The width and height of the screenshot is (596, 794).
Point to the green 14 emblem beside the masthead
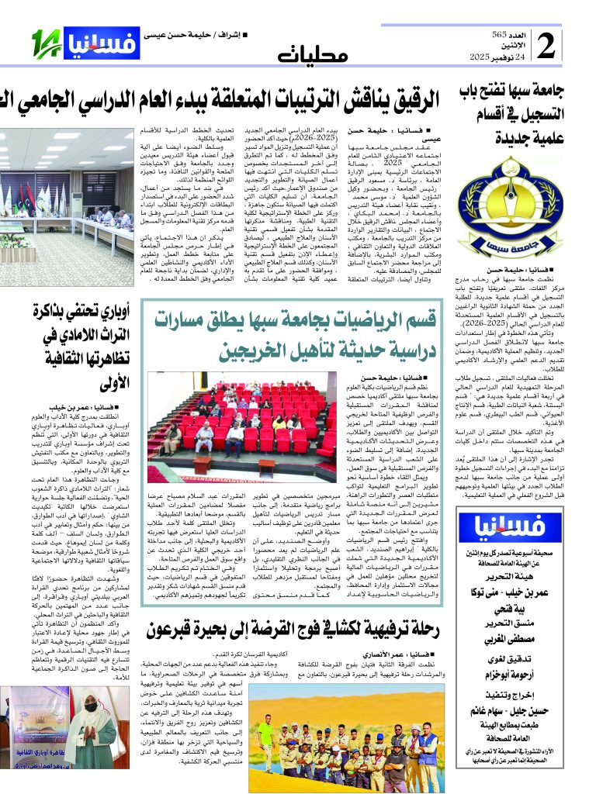(45, 43)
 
